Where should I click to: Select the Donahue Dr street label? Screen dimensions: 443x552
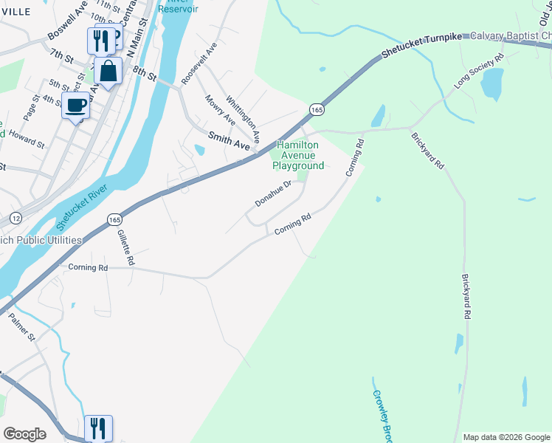point(274,193)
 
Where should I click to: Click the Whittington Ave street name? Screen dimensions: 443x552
point(244,118)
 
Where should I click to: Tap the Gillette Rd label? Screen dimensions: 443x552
point(125,247)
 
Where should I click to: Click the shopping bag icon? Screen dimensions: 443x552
point(108,72)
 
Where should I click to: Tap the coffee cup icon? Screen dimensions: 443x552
point(75,106)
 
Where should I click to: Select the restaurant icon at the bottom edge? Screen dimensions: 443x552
point(97,427)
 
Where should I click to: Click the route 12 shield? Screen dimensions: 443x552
point(15,219)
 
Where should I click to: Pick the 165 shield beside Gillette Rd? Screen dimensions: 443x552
point(114,220)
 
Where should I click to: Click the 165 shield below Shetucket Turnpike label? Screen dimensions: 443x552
point(317,109)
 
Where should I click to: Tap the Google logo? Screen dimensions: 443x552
point(25,433)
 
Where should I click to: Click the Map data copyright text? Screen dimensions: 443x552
point(506,437)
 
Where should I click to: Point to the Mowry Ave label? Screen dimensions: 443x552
point(220,110)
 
